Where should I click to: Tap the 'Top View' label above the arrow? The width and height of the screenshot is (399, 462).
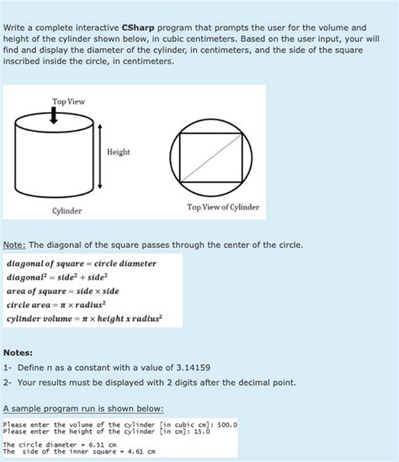(68, 102)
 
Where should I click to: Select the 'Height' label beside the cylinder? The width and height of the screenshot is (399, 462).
(119, 152)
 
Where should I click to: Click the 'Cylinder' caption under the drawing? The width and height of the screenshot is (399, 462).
(67, 210)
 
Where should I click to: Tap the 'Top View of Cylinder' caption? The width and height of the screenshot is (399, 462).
(223, 207)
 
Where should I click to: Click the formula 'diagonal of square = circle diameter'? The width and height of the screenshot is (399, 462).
(82, 264)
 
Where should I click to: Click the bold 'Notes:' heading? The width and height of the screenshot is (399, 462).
(18, 352)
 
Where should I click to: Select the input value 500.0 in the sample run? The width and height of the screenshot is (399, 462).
(226, 425)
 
